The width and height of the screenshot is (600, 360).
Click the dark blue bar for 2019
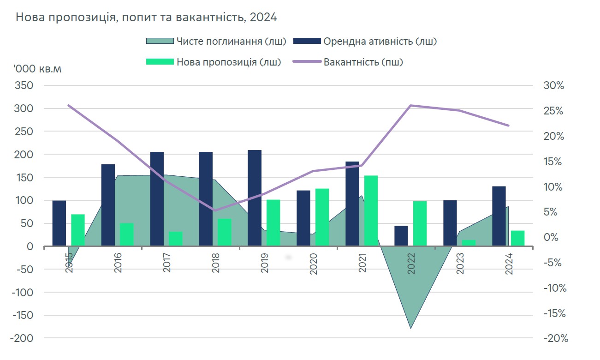255,198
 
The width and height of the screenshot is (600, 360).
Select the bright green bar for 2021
371,210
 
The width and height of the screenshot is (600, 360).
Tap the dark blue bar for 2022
401,236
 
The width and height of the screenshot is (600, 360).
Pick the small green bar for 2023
469,243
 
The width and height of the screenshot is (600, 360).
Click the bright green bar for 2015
78,230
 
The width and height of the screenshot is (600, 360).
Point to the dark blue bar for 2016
108,205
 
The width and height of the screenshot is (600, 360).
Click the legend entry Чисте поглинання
216,41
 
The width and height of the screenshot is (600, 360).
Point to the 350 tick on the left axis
25,86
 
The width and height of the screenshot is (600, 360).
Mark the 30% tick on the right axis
554,86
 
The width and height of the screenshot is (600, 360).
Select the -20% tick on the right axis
555,338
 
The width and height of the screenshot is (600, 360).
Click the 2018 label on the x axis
216,263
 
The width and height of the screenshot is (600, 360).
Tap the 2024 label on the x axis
509,263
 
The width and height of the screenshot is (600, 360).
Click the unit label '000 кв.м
37,69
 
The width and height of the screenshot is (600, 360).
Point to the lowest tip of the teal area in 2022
410,328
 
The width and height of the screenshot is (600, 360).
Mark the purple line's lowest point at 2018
215,210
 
